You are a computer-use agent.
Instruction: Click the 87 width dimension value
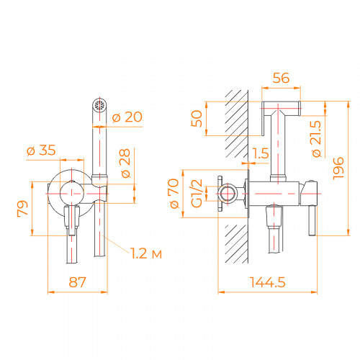(73, 284)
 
